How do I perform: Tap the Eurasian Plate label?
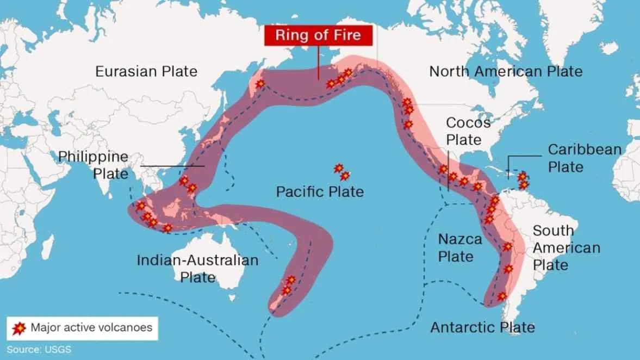coord(146,71)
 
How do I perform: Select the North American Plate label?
coord(506,71)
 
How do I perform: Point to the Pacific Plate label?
coord(320,191)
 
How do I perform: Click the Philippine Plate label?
coord(94,165)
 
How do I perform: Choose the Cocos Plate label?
coord(468,131)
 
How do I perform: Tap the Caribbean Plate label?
coord(584,158)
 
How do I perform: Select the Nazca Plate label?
coord(460,247)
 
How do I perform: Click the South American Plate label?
coord(566,247)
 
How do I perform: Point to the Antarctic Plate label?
coord(482,327)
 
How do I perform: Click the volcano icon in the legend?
coord(20,328)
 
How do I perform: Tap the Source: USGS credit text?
coord(39,349)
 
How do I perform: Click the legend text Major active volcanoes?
coord(91,328)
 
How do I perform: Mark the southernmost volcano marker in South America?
coord(502,296)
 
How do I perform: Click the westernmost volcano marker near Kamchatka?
coord(260,84)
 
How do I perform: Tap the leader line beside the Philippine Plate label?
coord(172,166)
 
